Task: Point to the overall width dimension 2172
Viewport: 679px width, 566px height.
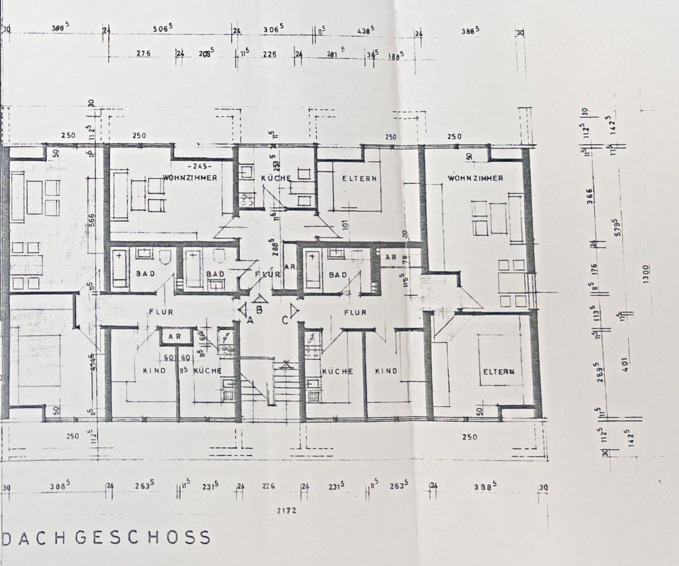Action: pyautogui.click(x=285, y=511)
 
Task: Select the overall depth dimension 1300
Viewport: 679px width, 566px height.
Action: pyautogui.click(x=646, y=275)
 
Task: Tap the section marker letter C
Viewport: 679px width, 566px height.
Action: pyautogui.click(x=285, y=319)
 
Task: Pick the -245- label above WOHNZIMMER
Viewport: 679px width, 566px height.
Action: pyautogui.click(x=187, y=165)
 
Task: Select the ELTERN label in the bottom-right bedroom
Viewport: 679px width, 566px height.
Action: pyautogui.click(x=498, y=371)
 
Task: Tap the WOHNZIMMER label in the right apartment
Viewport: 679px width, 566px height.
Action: pyautogui.click(x=475, y=178)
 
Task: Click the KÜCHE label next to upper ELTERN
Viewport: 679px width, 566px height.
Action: pyautogui.click(x=276, y=178)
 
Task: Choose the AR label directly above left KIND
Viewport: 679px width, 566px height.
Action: pyautogui.click(x=173, y=337)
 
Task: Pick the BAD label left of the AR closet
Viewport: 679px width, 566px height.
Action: pyautogui.click(x=337, y=274)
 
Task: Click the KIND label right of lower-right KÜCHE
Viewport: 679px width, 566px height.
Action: pyautogui.click(x=386, y=371)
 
